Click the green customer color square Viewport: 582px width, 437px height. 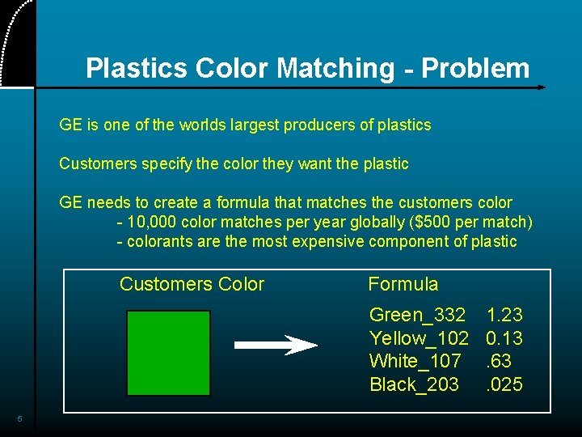168,353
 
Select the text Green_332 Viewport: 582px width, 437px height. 417,315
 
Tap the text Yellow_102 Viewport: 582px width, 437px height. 419,338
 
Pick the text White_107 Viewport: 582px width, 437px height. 415,361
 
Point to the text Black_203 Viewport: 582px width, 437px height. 414,384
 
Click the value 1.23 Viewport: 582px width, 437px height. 504,315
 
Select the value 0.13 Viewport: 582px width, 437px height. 504,338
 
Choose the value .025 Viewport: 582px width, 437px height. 504,384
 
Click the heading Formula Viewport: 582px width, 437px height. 403,284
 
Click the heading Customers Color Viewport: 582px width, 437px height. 192,284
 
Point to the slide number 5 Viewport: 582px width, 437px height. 20,419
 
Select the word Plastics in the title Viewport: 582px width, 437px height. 134,69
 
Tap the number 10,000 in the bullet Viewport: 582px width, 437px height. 151,223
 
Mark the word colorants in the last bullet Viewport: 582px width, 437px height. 159,241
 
